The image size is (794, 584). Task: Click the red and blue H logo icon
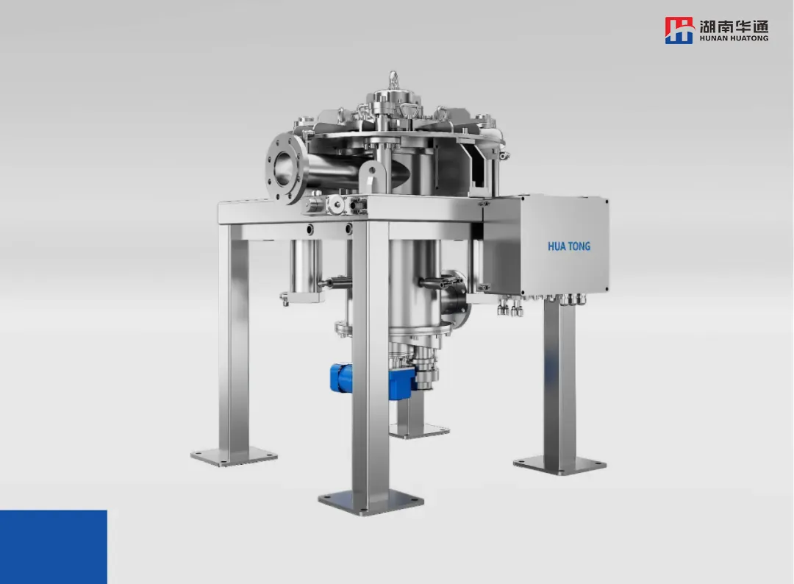679,30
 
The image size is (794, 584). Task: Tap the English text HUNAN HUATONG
734,38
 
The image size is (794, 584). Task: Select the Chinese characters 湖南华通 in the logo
734,26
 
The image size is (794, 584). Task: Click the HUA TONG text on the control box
568,246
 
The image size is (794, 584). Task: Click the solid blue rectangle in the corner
53,547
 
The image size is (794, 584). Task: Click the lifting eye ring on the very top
393,79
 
